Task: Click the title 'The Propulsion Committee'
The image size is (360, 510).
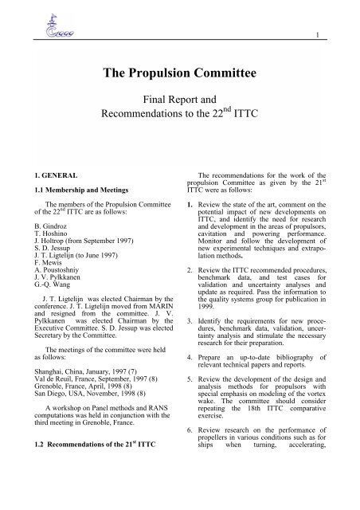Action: [x=180, y=76]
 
